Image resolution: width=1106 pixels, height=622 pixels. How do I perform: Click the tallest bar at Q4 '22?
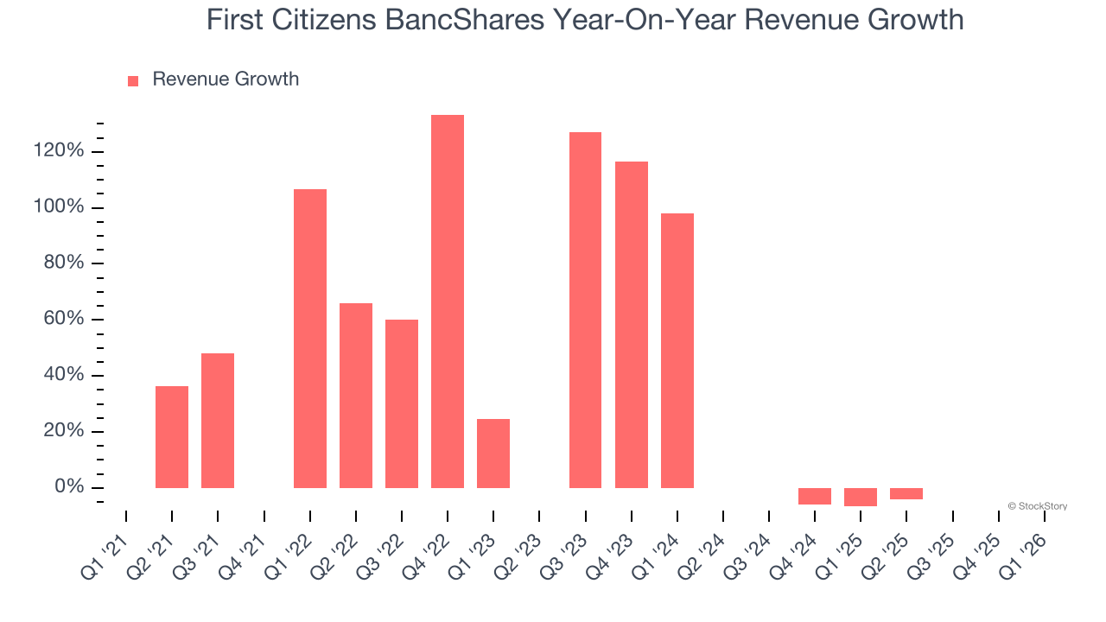pyautogui.click(x=448, y=301)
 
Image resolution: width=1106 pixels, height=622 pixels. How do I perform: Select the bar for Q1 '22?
pyautogui.click(x=310, y=339)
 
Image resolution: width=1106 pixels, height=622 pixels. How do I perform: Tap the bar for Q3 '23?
pyautogui.click(x=585, y=310)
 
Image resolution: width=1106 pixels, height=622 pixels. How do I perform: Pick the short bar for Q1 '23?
pyautogui.click(x=493, y=454)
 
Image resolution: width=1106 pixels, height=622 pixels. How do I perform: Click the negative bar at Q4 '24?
pyautogui.click(x=815, y=496)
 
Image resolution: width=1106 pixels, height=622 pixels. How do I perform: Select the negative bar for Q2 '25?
pyautogui.click(x=906, y=493)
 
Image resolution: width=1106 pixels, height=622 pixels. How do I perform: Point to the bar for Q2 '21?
pyautogui.click(x=172, y=437)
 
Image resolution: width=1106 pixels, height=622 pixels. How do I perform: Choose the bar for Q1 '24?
pyautogui.click(x=677, y=351)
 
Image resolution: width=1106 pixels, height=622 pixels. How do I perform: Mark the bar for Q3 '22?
pyautogui.click(x=402, y=403)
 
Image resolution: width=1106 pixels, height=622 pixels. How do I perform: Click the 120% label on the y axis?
pyautogui.click(x=59, y=152)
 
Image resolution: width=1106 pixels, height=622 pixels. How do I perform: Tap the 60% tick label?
pyautogui.click(x=63, y=320)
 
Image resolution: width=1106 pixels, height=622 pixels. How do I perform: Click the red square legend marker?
pyautogui.click(x=133, y=81)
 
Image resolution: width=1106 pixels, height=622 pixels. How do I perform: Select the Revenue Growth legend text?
pyautogui.click(x=226, y=79)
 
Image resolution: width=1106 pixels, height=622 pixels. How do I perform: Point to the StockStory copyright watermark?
pyautogui.click(x=1037, y=506)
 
